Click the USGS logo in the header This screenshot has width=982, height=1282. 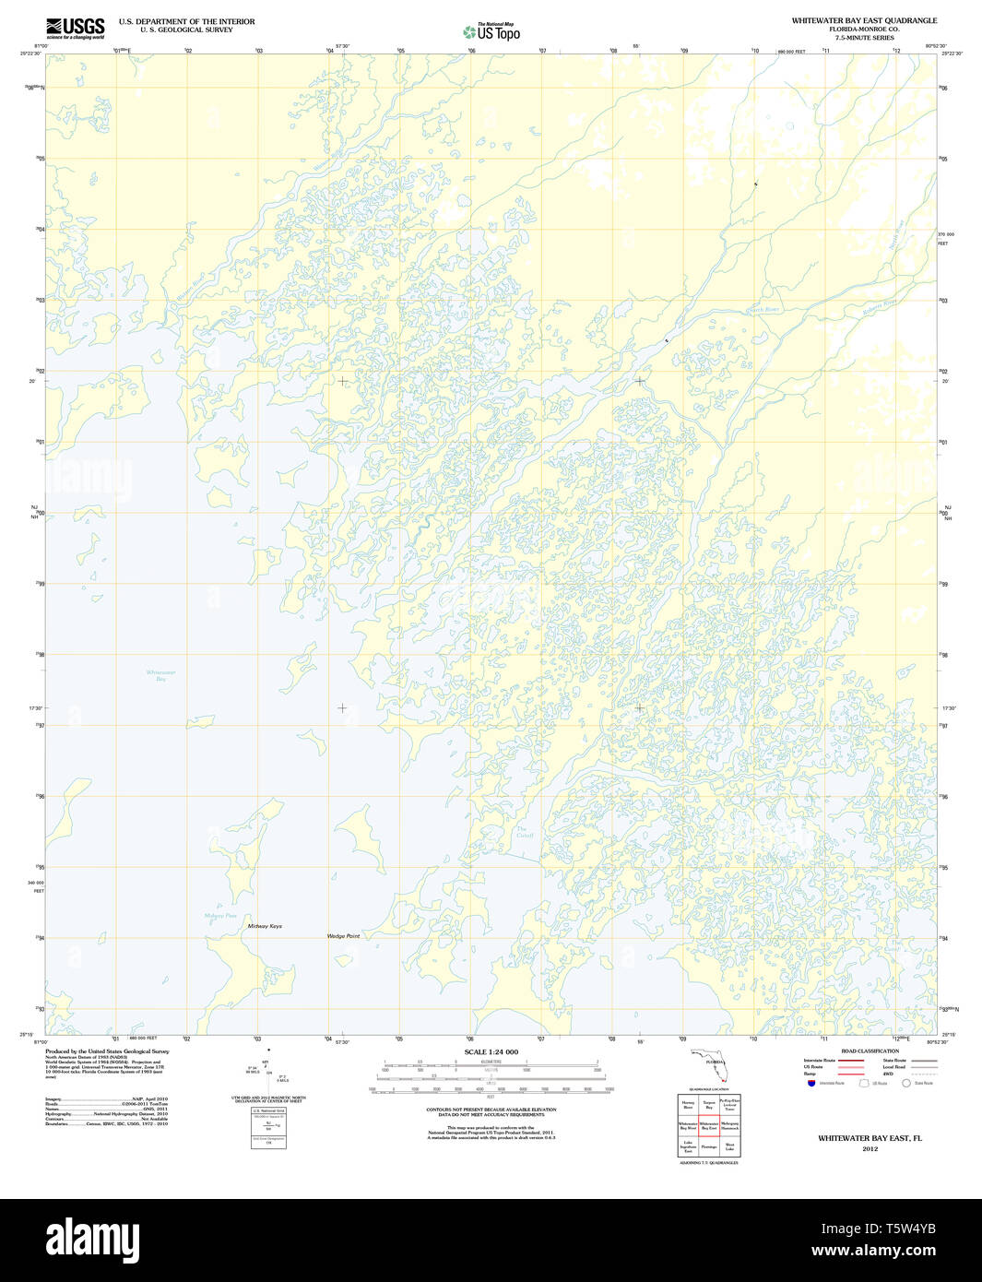(75, 28)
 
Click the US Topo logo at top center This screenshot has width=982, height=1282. (491, 32)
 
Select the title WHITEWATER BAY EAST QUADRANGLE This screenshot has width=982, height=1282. (864, 20)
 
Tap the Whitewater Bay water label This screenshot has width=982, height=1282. (160, 675)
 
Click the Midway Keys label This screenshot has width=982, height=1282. (265, 926)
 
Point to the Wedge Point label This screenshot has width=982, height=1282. (343, 936)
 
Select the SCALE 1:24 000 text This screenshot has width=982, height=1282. (491, 1052)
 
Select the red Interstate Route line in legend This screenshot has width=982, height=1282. (850, 1062)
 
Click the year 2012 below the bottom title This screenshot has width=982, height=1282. (870, 1149)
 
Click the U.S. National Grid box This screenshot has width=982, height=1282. (268, 1125)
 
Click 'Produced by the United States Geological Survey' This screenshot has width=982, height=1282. (107, 1051)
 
